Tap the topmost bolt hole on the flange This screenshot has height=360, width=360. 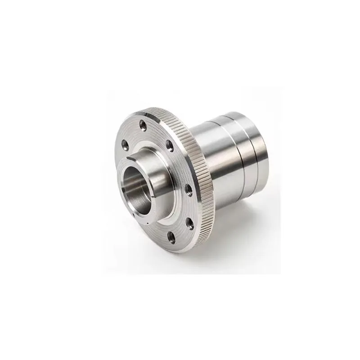coord(143,122)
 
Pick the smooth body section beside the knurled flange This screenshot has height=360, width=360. coord(211,157)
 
